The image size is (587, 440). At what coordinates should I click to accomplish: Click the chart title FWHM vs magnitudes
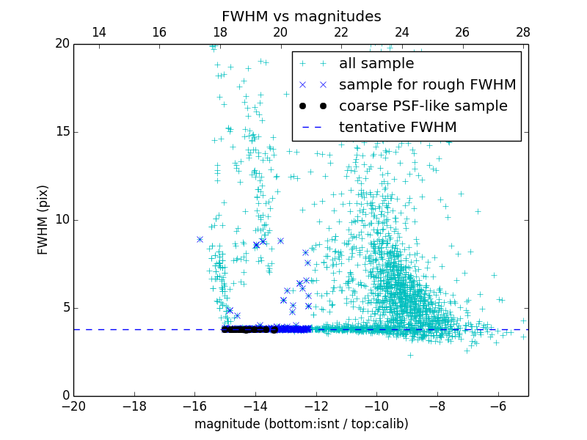tap(301, 16)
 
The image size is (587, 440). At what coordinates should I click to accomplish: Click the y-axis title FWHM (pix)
tap(43, 220)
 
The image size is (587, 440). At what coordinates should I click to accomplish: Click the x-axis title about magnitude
tap(301, 424)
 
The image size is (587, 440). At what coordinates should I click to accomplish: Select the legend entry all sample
tap(376, 64)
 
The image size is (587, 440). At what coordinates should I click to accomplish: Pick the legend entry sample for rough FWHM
tap(427, 85)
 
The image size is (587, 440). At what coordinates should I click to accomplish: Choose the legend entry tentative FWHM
tap(398, 128)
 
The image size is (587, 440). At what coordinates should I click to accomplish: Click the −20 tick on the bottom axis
tap(73, 406)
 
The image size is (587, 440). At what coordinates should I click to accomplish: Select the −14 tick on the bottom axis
tap(255, 406)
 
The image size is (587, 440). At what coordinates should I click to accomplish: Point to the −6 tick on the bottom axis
tap(498, 406)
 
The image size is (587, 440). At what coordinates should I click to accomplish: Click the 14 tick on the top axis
tap(98, 32)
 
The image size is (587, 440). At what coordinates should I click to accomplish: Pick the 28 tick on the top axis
tap(522, 32)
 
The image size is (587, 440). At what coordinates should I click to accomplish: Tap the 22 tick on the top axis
tap(341, 32)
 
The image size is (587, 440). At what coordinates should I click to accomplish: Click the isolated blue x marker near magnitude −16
tap(200, 239)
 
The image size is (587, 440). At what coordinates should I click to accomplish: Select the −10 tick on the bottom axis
tap(376, 406)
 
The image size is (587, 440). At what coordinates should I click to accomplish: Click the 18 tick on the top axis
tap(219, 32)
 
